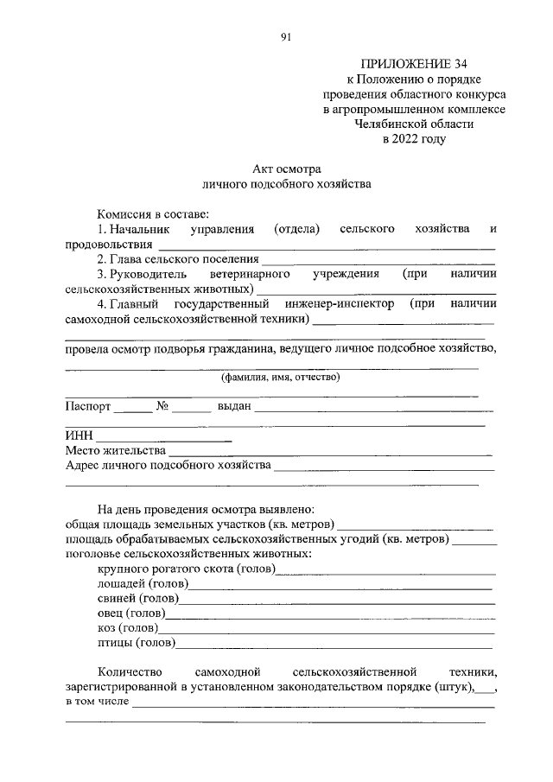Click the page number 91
click(x=286, y=36)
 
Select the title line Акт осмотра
click(x=286, y=169)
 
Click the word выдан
click(x=233, y=406)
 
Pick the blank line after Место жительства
click(x=329, y=452)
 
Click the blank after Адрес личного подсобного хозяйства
click(x=384, y=467)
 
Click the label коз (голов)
click(x=126, y=627)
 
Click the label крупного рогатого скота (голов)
click(x=185, y=569)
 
